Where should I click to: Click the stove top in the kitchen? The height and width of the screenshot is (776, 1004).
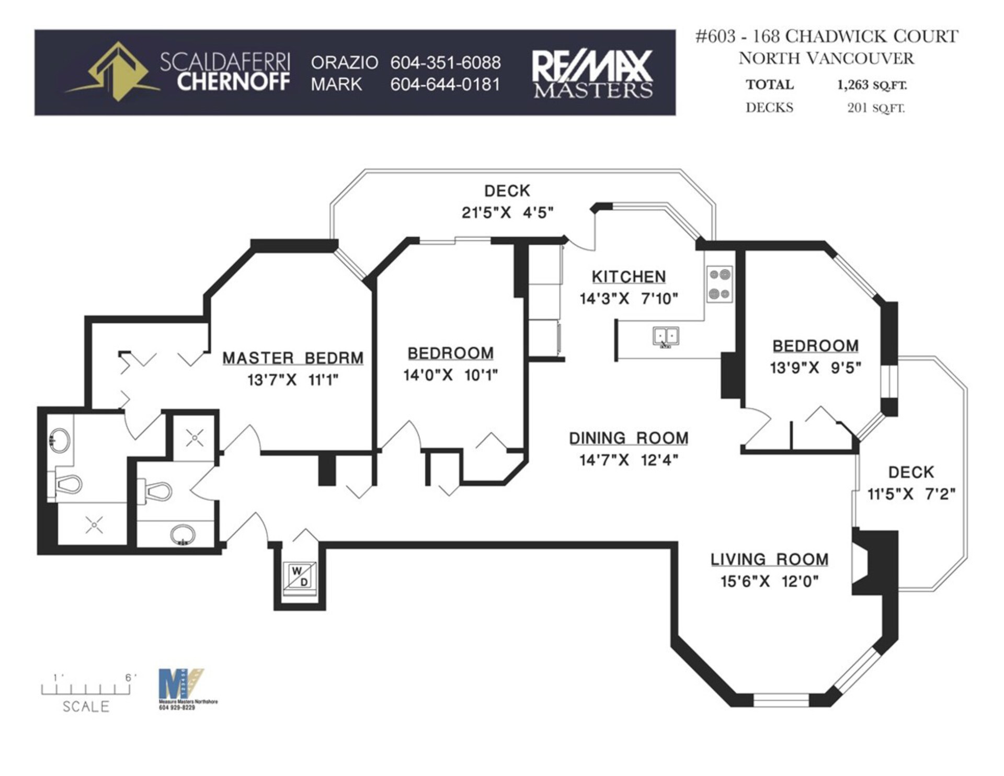point(720,284)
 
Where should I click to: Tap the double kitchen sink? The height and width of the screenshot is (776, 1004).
point(666,336)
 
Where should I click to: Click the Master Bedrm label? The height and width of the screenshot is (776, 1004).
point(293,358)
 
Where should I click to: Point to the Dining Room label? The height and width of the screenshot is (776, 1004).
point(629,438)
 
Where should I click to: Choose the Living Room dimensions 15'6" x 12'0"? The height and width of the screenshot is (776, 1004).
point(770,581)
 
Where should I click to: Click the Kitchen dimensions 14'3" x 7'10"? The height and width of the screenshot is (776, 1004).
point(629,299)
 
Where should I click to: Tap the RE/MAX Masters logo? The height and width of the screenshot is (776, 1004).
point(592,74)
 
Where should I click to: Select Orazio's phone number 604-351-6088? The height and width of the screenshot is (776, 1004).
point(446,63)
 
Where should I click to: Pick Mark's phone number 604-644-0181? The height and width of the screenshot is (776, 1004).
point(446,84)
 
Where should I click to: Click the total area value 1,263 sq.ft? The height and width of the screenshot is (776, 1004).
point(872,85)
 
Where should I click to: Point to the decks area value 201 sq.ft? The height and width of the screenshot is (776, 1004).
point(876,108)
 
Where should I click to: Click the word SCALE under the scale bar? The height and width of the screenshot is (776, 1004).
point(86,706)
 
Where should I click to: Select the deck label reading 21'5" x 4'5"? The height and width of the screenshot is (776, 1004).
point(507,213)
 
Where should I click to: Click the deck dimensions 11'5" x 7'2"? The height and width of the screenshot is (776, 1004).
point(911,494)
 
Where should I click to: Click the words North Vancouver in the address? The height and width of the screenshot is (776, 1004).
point(826,58)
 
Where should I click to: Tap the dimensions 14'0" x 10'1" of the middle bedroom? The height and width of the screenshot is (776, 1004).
point(450,375)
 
